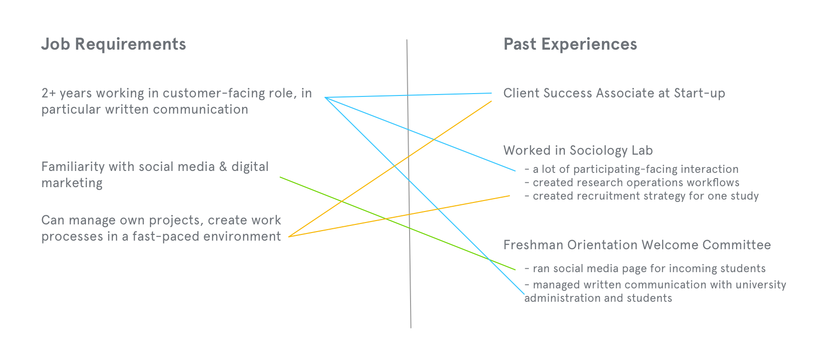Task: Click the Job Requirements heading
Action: pyautogui.click(x=114, y=44)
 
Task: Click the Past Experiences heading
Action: pyautogui.click(x=570, y=44)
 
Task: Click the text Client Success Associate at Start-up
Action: pyautogui.click(x=614, y=93)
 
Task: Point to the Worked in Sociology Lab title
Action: pyautogui.click(x=578, y=150)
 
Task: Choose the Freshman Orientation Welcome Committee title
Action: pyautogui.click(x=637, y=245)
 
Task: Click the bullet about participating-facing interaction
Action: pyautogui.click(x=635, y=169)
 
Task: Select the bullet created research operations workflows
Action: pyautogui.click(x=636, y=182)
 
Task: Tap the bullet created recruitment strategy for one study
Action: pyautogui.click(x=645, y=196)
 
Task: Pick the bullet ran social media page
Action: pyautogui.click(x=649, y=268)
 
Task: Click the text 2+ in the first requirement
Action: pyautogui.click(x=49, y=93)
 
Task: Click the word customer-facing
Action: pyautogui.click(x=213, y=93)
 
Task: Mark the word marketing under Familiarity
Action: pyautogui.click(x=72, y=183)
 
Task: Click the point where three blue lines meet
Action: pyautogui.click(x=325, y=97)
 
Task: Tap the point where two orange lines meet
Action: pyautogui.click(x=289, y=236)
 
